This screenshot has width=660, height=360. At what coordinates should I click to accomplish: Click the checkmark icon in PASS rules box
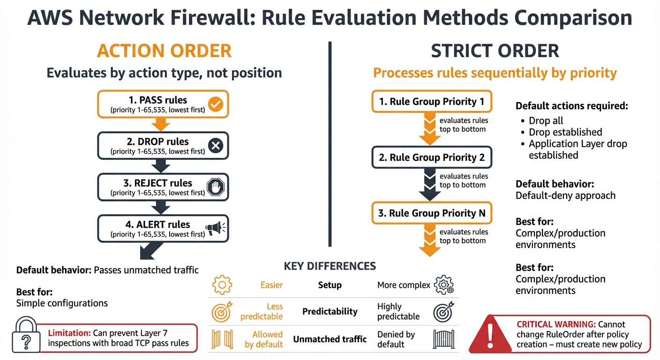(215, 104)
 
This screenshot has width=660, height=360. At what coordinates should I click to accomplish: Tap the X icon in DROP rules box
(215, 146)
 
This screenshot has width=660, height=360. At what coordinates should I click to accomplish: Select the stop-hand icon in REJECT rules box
(215, 187)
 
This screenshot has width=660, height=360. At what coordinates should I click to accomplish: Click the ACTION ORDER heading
(164, 51)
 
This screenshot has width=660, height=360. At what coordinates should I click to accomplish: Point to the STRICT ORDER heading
(495, 51)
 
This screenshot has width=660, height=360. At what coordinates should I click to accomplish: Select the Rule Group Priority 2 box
(432, 157)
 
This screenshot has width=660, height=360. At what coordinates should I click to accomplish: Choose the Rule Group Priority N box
(432, 213)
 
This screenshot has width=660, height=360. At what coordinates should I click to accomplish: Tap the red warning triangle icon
(489, 333)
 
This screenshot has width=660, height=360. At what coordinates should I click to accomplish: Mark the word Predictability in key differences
(330, 311)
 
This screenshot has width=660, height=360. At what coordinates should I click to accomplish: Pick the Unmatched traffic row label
(330, 339)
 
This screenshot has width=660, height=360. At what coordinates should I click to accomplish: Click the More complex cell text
(404, 285)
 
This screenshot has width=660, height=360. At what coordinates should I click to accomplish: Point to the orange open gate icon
(222, 339)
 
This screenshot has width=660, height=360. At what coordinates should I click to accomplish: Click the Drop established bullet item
(565, 132)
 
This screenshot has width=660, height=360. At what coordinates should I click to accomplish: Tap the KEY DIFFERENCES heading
(330, 266)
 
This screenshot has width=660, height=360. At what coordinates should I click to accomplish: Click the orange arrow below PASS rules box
(161, 124)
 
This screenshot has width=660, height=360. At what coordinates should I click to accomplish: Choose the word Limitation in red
(68, 333)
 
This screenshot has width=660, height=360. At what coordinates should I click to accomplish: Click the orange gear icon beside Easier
(222, 285)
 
